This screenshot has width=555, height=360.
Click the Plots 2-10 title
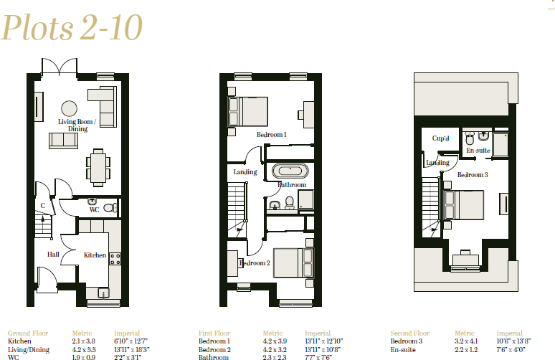72,28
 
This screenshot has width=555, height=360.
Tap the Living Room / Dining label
77,125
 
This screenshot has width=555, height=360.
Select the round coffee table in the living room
70,108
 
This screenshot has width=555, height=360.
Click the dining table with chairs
98,167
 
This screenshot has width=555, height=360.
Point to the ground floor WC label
93,210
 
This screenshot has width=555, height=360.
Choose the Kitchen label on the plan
95,255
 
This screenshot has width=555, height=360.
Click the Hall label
54,254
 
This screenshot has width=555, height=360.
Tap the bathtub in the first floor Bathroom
290,171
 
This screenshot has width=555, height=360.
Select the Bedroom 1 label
272,134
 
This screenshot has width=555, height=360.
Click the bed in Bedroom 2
293,262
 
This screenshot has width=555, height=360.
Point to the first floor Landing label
245,172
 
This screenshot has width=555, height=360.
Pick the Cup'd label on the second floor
440,138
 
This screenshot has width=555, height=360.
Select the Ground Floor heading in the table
27,333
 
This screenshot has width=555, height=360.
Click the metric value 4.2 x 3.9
275,341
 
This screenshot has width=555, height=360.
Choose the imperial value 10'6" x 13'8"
512,341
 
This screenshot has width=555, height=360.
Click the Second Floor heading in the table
409,333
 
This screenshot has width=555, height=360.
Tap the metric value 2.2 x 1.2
465,349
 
